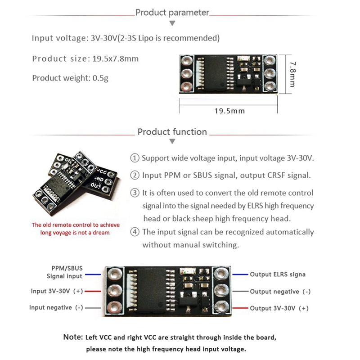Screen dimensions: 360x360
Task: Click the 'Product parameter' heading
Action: click(x=172, y=13)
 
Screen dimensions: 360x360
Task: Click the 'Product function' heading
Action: click(x=172, y=132)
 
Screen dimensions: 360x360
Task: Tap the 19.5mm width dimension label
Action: click(x=229, y=111)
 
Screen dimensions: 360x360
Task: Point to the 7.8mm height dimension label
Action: click(x=292, y=74)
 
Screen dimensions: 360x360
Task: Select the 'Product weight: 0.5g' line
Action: click(x=70, y=78)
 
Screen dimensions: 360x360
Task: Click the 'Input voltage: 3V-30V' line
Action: click(x=126, y=38)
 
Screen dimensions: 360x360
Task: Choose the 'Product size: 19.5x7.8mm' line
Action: click(x=85, y=59)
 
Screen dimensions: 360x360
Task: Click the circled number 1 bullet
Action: click(x=135, y=158)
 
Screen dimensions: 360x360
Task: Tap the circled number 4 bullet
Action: click(x=135, y=232)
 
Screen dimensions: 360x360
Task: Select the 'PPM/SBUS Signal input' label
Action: click(x=65, y=272)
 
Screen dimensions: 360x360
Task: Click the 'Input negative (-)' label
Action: click(x=56, y=307)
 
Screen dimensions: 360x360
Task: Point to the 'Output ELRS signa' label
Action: click(x=278, y=274)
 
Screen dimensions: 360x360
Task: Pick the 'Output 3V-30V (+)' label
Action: click(x=279, y=308)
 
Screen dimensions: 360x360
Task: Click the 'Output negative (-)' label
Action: click(x=280, y=292)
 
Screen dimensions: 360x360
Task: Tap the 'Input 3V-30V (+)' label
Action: click(x=57, y=291)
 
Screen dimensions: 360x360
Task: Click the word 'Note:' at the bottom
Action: click(x=73, y=337)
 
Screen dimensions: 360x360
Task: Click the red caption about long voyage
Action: click(x=70, y=229)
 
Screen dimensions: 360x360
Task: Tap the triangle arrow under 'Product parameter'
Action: click(x=172, y=22)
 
